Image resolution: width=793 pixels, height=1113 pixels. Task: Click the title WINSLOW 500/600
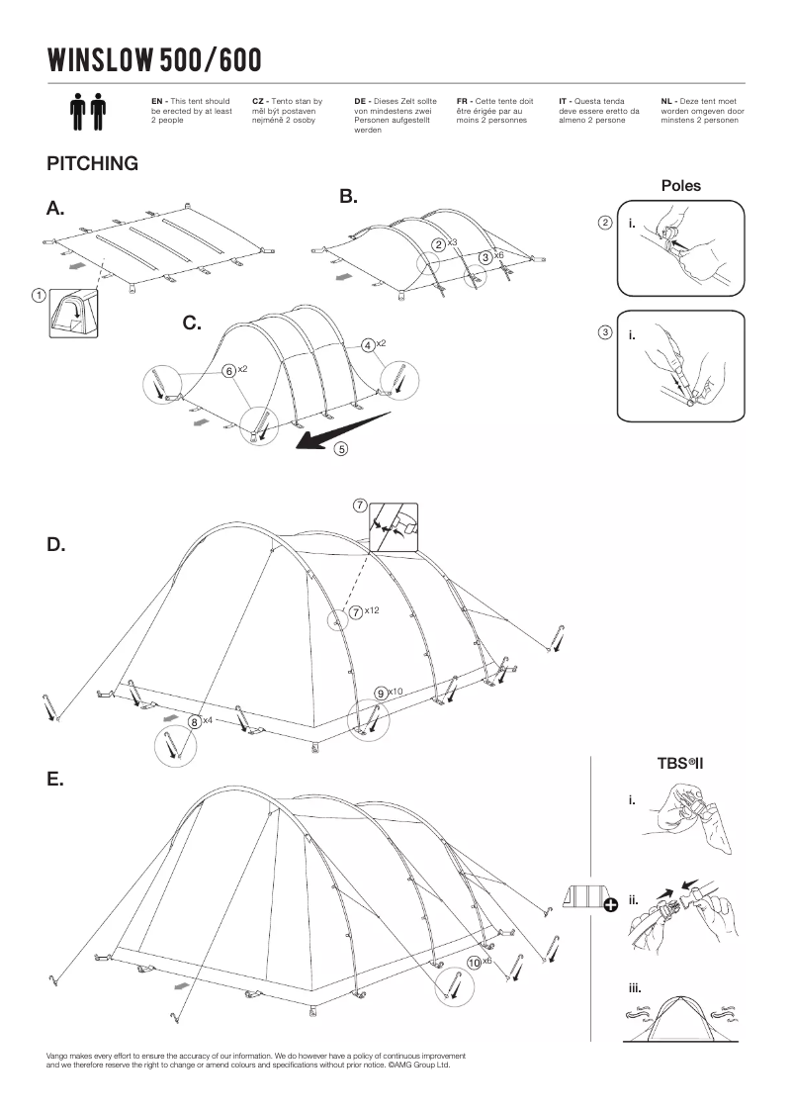point(154,61)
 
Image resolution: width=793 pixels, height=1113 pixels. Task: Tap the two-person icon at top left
point(88,112)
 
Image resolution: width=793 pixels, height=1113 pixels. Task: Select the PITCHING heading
point(92,164)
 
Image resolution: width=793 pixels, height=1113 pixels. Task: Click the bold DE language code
point(360,101)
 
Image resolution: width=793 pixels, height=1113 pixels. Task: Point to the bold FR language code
point(462,101)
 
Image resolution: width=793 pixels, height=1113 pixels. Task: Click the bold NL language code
point(666,101)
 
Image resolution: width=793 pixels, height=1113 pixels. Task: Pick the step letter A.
point(55,209)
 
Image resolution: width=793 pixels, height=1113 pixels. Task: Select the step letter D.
point(56,545)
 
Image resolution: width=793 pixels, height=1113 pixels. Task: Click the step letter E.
point(55,780)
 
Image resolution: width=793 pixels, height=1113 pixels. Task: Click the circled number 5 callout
point(341,449)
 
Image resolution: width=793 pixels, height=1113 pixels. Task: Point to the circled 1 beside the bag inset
point(38,294)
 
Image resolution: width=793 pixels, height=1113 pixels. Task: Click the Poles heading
point(680,185)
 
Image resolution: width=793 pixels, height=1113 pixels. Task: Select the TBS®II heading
point(679,764)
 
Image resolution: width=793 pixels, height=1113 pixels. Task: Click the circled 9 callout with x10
point(381,692)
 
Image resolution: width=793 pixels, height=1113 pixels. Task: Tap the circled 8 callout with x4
point(196,722)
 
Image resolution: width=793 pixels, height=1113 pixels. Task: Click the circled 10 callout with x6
point(475,962)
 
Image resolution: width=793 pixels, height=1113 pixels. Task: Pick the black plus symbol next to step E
point(610,903)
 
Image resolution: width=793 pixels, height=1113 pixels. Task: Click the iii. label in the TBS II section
point(635,988)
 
